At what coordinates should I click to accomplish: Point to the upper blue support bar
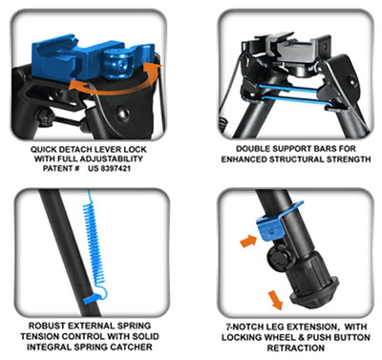click(288, 89)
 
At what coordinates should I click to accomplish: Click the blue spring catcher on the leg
click(93, 299)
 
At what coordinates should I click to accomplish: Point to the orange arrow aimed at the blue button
click(248, 241)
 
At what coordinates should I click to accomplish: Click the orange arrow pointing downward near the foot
click(275, 301)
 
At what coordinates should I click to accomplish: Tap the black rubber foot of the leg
click(313, 291)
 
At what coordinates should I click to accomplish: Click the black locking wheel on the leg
click(279, 259)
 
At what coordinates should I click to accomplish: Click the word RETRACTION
click(296, 348)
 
